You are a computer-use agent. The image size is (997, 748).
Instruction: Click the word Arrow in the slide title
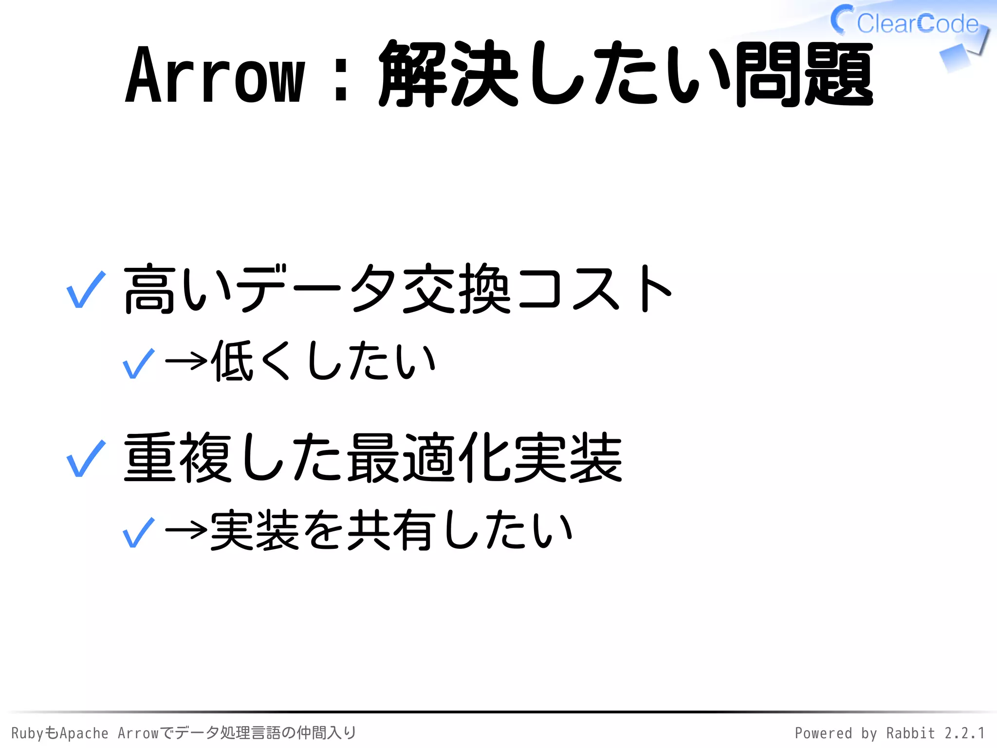(215, 75)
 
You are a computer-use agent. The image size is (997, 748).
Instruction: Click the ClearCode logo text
(917, 23)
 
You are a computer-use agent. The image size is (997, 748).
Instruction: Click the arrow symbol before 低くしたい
(186, 361)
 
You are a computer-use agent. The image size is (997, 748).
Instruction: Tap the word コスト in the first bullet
(594, 288)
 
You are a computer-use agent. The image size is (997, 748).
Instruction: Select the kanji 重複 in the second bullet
(178, 458)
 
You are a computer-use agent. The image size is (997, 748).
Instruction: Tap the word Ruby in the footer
(27, 733)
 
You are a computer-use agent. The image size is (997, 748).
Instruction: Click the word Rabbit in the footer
(910, 733)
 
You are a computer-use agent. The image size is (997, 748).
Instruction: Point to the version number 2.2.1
(965, 733)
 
